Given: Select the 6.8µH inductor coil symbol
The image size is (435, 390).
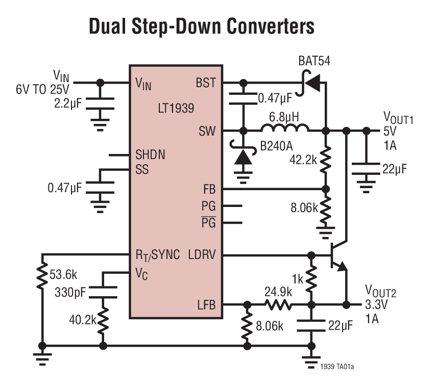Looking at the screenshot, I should pyautogui.click(x=285, y=128).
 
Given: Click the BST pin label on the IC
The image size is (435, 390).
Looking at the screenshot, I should pyautogui.click(x=206, y=83).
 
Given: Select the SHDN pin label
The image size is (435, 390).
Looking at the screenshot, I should pyautogui.click(x=150, y=155).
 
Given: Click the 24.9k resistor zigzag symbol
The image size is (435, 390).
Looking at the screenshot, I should pyautogui.click(x=278, y=305).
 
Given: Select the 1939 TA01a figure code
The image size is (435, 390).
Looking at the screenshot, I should pyautogui.click(x=337, y=367).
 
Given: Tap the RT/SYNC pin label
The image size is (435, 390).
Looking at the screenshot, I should pyautogui.click(x=157, y=254).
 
